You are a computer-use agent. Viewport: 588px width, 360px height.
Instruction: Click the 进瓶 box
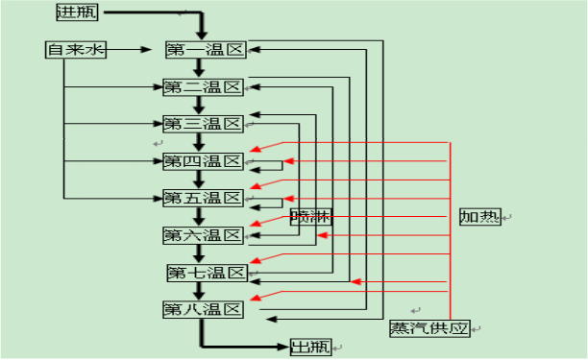tap(77, 12)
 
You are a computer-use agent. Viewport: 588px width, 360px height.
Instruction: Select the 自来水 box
tap(76, 49)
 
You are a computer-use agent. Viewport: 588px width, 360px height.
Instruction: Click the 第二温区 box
tap(201, 86)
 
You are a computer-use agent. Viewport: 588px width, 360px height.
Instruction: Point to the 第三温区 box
tap(201, 123)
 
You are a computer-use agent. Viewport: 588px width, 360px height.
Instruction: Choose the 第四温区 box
tap(201, 159)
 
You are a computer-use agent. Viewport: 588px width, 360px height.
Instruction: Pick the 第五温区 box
tap(201, 198)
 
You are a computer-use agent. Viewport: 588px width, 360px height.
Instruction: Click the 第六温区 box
tap(201, 235)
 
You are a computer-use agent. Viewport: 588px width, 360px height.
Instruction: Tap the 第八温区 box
tap(201, 309)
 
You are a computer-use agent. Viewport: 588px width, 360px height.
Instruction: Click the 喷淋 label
tap(309, 216)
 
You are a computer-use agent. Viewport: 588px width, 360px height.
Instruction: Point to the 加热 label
tap(478, 216)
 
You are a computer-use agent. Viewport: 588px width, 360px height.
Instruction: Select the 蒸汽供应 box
tap(429, 328)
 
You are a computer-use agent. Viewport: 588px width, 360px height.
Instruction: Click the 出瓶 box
tap(310, 346)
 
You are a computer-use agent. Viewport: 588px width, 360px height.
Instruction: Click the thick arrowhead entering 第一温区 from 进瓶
tap(201, 35)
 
